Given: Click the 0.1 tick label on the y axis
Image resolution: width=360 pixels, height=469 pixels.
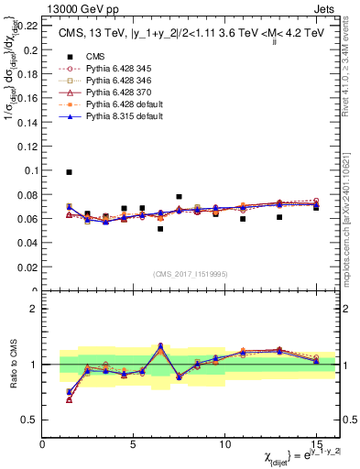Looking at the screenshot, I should click(x=30, y=170).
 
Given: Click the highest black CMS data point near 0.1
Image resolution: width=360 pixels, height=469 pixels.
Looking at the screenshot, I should click(x=70, y=172).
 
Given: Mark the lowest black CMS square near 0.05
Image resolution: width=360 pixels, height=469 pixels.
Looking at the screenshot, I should click(x=160, y=229).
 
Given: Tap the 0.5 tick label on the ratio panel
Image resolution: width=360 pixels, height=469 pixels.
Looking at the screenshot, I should click(x=30, y=420).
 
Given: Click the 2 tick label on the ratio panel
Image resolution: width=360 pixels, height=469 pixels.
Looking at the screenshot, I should click(x=35, y=309).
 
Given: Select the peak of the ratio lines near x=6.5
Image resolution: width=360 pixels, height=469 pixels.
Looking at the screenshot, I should click(x=160, y=345).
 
